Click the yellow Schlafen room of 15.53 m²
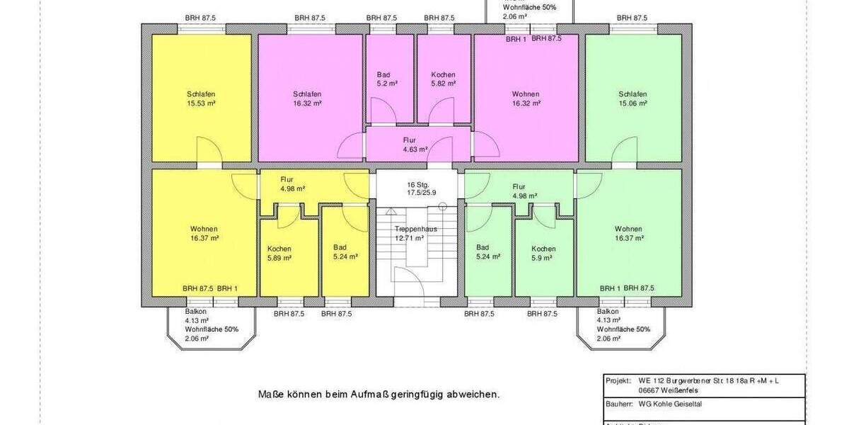tap(201, 98)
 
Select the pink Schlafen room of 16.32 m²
tap(308, 98)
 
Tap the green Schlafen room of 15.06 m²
tap(633, 98)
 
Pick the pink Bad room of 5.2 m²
tap(388, 79)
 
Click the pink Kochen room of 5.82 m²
tap(444, 79)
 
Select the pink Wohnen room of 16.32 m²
tap(526, 98)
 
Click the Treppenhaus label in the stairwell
tap(416, 229)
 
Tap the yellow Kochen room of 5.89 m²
tap(279, 254)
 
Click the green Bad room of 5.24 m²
tap(488, 251)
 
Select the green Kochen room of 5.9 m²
tap(543, 254)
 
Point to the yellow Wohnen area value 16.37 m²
tap(204, 239)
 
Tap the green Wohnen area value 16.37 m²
tap(629, 239)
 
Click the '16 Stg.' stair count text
tap(418, 184)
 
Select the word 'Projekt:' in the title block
tap(618, 380)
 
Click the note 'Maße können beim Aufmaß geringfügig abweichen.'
tap(379, 395)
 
